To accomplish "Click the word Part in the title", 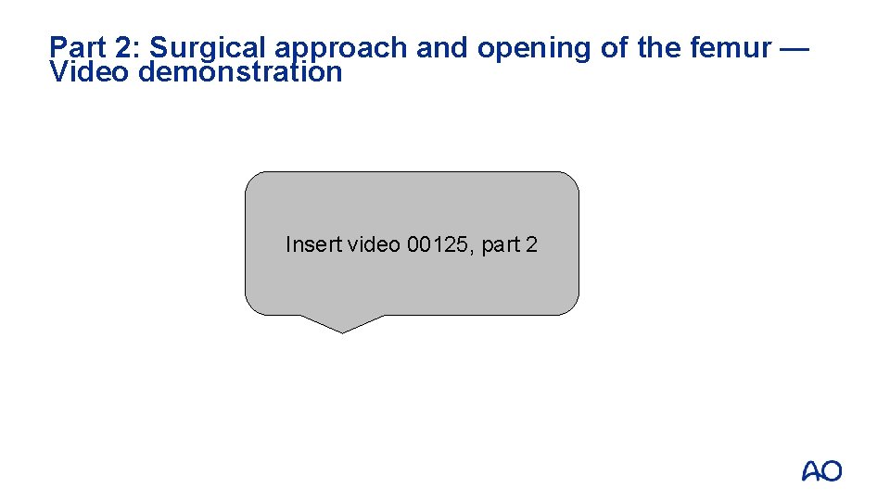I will [78, 47].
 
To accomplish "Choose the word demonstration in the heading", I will [240, 72].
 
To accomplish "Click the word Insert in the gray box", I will [312, 245].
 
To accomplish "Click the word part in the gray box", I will [501, 246].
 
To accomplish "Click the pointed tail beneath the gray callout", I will [342, 323].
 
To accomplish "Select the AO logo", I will [822, 471].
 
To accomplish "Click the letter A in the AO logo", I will [811, 471].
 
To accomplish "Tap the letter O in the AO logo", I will [833, 471].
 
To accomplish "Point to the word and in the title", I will [441, 47].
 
